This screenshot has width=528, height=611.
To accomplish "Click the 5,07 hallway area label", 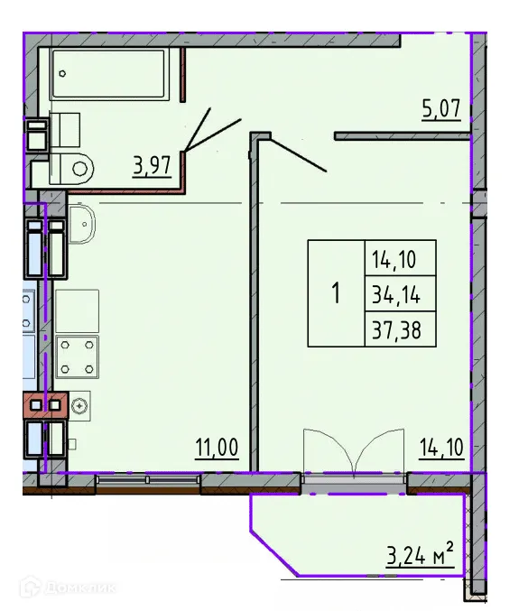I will [441, 110].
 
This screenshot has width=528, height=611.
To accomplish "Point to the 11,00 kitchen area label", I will [217, 447].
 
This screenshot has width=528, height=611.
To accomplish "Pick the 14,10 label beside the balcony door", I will [441, 447].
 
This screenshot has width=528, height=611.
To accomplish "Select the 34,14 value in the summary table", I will [399, 293].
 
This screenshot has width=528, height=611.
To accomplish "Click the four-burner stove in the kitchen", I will [78, 356].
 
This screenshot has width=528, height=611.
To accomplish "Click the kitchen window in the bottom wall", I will [148, 481].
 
